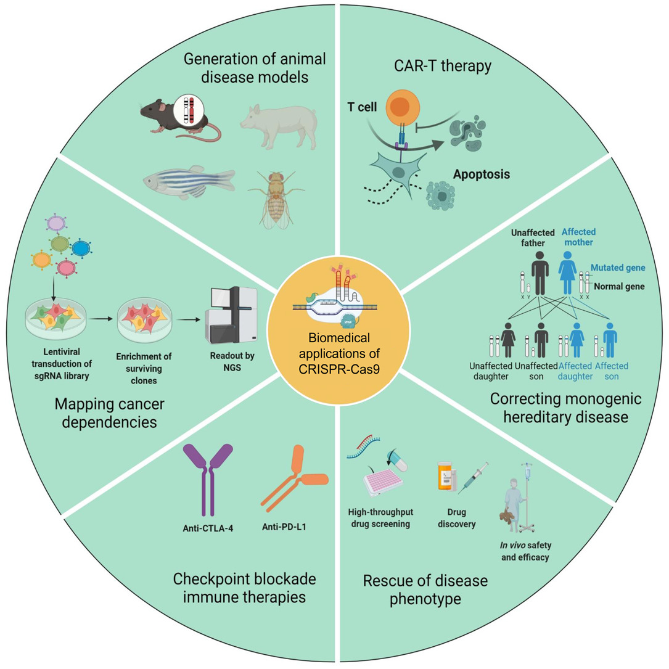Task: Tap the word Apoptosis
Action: pyautogui.click(x=481, y=174)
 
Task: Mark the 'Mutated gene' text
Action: pyautogui.click(x=617, y=268)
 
